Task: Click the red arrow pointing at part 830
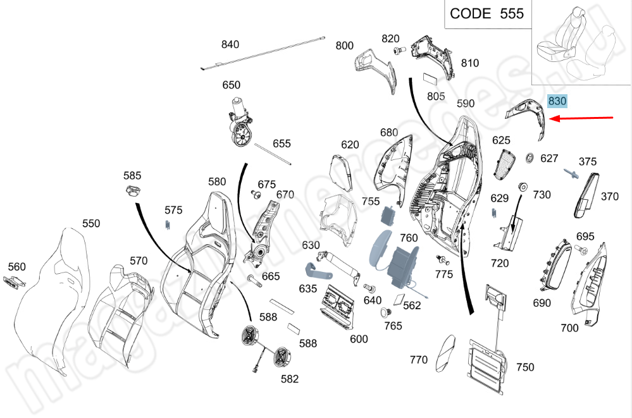pos(582,118)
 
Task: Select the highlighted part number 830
pos(557,101)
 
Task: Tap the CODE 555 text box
pos(486,13)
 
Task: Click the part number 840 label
pos(230,44)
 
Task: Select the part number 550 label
pos(91,223)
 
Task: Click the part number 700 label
pos(569,328)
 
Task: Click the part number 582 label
pos(290,379)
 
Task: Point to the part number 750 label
pos(525,367)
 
